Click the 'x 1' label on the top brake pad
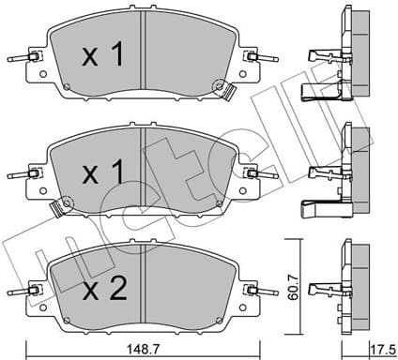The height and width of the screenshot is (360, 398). pos(102,56)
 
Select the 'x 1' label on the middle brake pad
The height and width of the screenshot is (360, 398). pos(102,173)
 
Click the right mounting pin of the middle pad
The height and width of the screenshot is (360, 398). pos(255,174)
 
